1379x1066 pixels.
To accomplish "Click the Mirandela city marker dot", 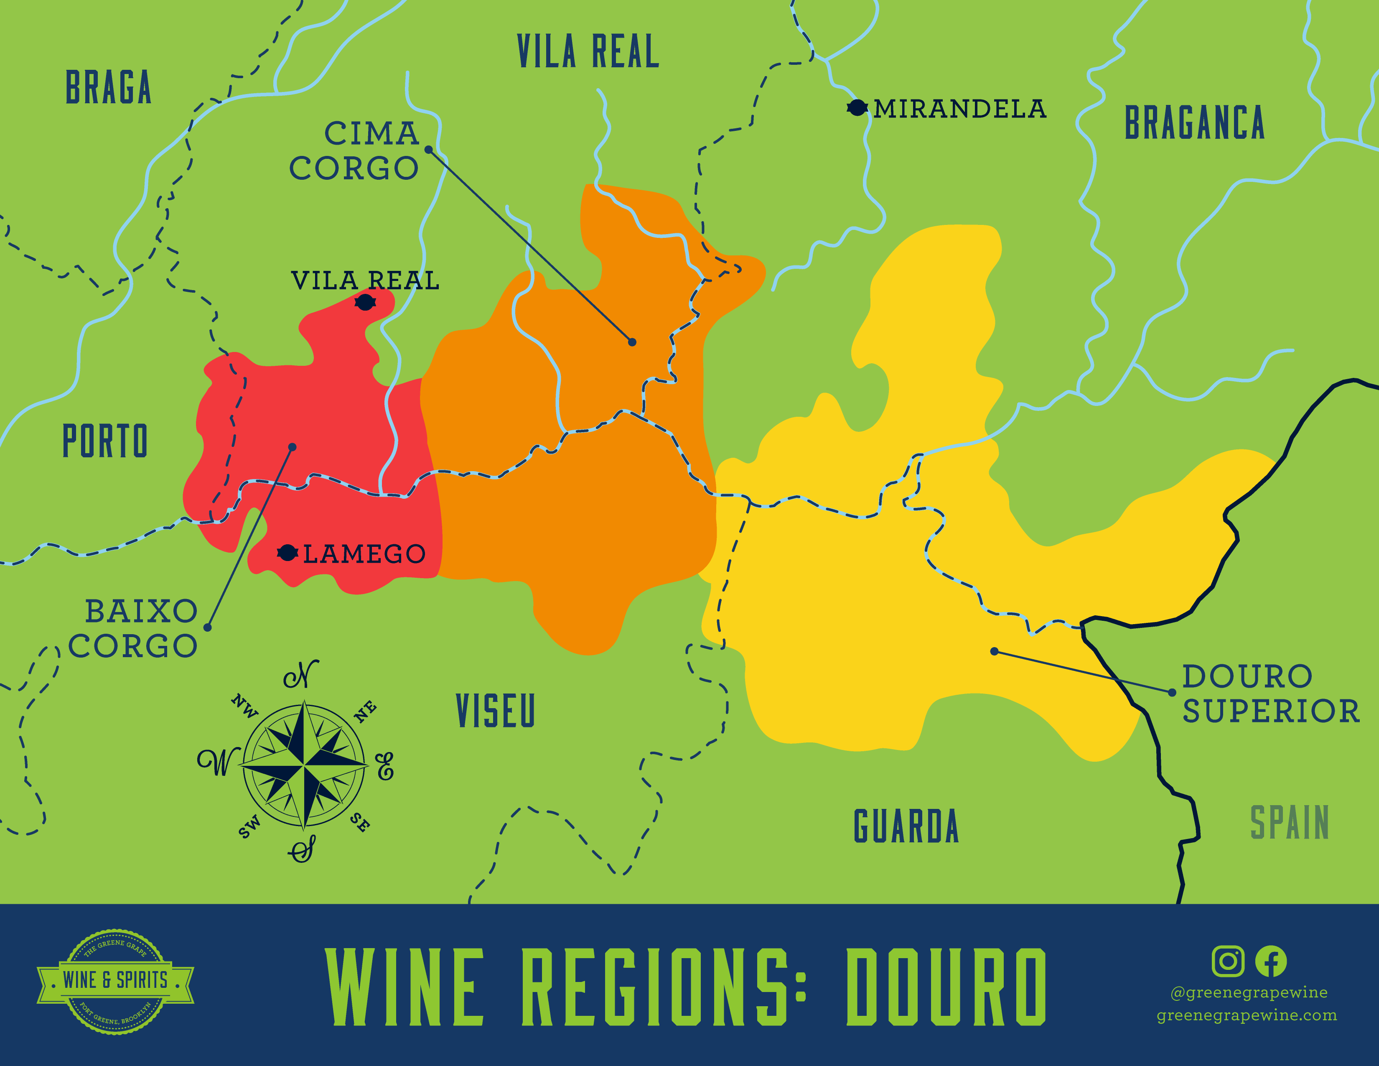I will point(856,108).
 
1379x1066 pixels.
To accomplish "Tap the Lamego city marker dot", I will point(288,553).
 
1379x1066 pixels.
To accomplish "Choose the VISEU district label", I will point(496,710).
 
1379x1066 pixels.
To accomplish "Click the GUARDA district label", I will point(906,826).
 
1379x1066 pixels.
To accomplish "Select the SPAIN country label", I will point(1290,823).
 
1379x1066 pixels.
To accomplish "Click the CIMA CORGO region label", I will point(355,151).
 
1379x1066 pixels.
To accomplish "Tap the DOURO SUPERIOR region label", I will point(1270,694).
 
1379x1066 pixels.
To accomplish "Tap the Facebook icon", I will point(1270,961).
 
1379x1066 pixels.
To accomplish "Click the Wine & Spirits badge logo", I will point(116,981).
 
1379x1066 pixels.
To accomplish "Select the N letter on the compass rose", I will point(302,676).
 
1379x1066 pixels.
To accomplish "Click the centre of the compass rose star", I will point(304,765).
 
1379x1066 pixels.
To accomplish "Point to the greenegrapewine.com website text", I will point(1247,1015).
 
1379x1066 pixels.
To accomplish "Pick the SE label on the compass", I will point(360,822).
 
